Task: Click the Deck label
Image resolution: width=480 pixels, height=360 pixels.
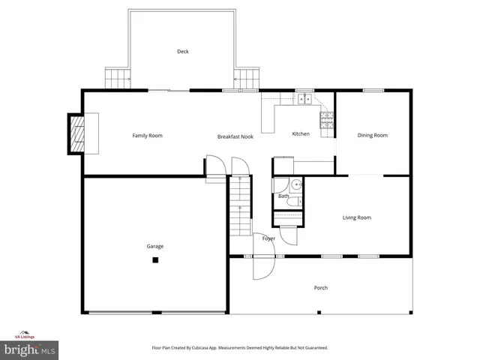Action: [x=182, y=52]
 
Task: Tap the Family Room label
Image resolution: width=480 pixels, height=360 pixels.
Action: [x=147, y=136]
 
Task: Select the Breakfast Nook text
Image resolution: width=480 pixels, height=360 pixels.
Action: [x=235, y=136]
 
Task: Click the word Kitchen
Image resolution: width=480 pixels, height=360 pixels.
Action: [x=301, y=134]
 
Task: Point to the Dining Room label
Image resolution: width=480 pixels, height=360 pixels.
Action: [x=372, y=136]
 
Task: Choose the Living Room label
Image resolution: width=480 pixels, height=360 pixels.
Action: [x=357, y=218]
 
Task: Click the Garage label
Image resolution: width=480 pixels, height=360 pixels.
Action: [x=155, y=246]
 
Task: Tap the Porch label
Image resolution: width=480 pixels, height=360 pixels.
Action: [x=320, y=288]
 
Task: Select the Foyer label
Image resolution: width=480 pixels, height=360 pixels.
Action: [x=268, y=238]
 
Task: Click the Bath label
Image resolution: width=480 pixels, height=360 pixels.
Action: [x=283, y=196]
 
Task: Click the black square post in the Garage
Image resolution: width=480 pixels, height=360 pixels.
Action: [x=155, y=260]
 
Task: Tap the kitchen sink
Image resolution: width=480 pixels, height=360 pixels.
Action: [x=304, y=98]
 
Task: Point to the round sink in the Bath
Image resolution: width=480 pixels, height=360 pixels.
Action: [x=295, y=184]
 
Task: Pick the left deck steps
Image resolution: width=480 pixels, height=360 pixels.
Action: [x=116, y=77]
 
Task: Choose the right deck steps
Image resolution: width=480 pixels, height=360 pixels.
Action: [x=247, y=77]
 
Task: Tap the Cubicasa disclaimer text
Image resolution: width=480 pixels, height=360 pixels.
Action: [x=240, y=348]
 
